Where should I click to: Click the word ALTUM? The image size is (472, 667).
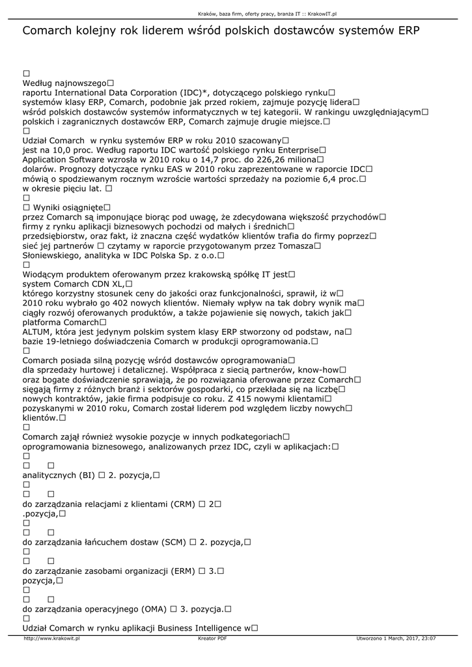tap(38, 332)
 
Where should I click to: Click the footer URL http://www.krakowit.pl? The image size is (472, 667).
tap(51, 639)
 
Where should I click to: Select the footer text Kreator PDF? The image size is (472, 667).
tap(212, 639)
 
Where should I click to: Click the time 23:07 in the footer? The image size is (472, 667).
tap(428, 639)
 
